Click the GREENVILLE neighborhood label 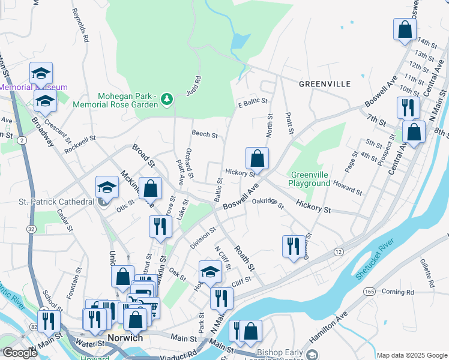click(325, 84)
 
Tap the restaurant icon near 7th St click(408, 108)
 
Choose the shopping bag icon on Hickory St click(257, 159)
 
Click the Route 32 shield click(31, 229)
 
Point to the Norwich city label click(125, 338)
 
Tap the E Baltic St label click(252, 102)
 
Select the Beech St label click(204, 134)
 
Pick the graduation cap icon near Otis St click(106, 187)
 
